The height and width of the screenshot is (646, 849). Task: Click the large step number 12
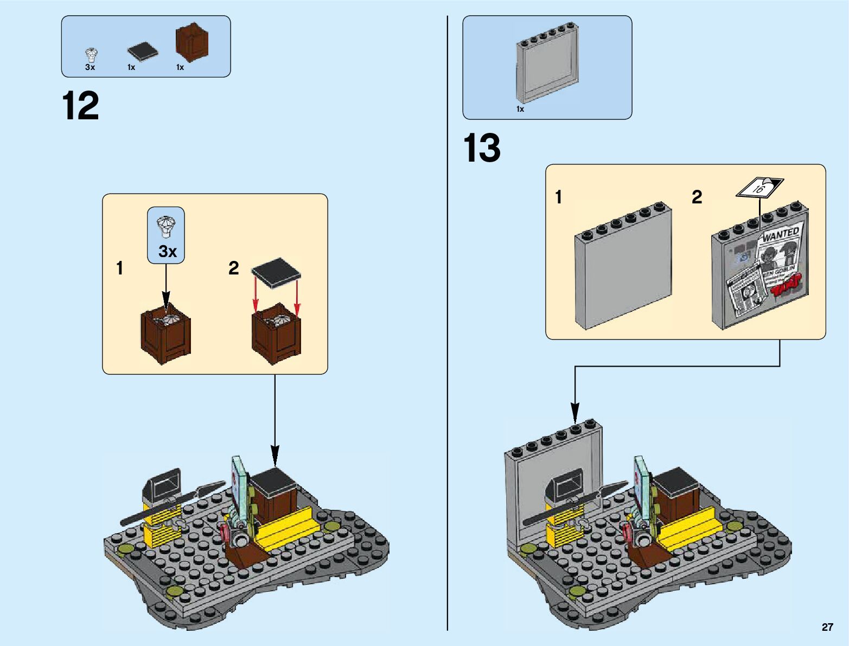tap(80, 106)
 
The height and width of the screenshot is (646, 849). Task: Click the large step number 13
tap(482, 148)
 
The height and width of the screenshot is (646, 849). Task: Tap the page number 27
tap(827, 627)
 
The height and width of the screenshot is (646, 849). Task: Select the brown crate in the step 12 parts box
tap(191, 42)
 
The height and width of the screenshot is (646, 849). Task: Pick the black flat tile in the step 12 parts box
tap(143, 52)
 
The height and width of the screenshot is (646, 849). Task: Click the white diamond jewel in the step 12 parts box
tap(91, 55)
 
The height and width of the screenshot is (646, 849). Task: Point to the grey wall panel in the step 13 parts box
tap(546, 63)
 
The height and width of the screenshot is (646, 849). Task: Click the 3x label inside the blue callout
tap(168, 252)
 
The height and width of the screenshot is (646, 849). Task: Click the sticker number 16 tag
tap(759, 188)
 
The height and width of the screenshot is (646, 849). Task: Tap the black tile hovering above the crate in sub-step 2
tap(276, 271)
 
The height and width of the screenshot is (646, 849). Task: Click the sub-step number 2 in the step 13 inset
tap(697, 197)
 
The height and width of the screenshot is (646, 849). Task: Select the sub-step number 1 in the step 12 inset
tap(120, 268)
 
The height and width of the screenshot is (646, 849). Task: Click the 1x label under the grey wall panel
tap(520, 109)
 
